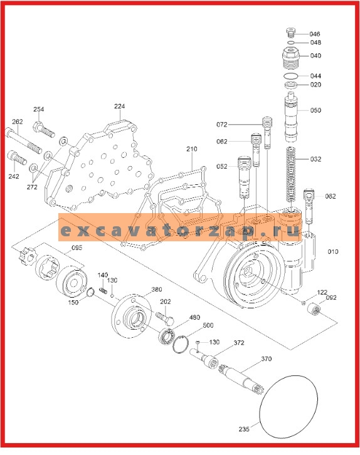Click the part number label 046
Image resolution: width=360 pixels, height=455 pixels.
(x=315, y=33)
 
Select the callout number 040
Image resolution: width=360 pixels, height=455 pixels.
(x=315, y=55)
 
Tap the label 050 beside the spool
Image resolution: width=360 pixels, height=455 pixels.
(x=315, y=110)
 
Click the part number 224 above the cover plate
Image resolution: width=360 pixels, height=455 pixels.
(x=119, y=107)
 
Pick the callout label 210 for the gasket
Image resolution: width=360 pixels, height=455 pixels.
(x=191, y=149)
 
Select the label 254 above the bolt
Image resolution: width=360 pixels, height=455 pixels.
(x=39, y=110)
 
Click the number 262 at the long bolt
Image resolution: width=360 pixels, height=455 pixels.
(x=18, y=122)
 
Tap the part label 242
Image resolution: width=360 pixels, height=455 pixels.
(x=13, y=177)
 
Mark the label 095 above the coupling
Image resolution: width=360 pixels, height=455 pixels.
(x=77, y=248)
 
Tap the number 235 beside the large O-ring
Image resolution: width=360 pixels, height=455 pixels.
(x=244, y=429)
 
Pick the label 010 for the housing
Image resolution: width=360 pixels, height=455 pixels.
(x=332, y=251)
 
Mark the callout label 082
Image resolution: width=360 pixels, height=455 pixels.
(x=331, y=196)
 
